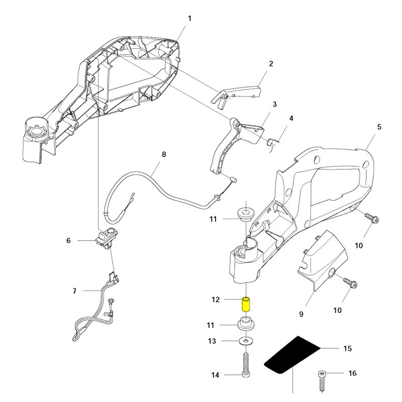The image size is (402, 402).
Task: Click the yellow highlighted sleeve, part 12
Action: pyautogui.click(x=247, y=304)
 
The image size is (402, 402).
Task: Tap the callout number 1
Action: pyautogui.click(x=189, y=19)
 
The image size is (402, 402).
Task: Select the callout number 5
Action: pyautogui.click(x=379, y=127)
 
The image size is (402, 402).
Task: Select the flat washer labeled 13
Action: pyautogui.click(x=246, y=342)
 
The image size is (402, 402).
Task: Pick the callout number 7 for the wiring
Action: pyautogui.click(x=75, y=291)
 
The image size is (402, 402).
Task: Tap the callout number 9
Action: pyautogui.click(x=301, y=314)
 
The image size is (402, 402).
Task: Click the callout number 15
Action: pyautogui.click(x=347, y=348)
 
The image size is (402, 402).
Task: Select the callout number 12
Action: pyautogui.click(x=216, y=300)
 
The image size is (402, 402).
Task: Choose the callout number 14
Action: pyautogui.click(x=215, y=374)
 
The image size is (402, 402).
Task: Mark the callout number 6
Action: pyautogui.click(x=69, y=241)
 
